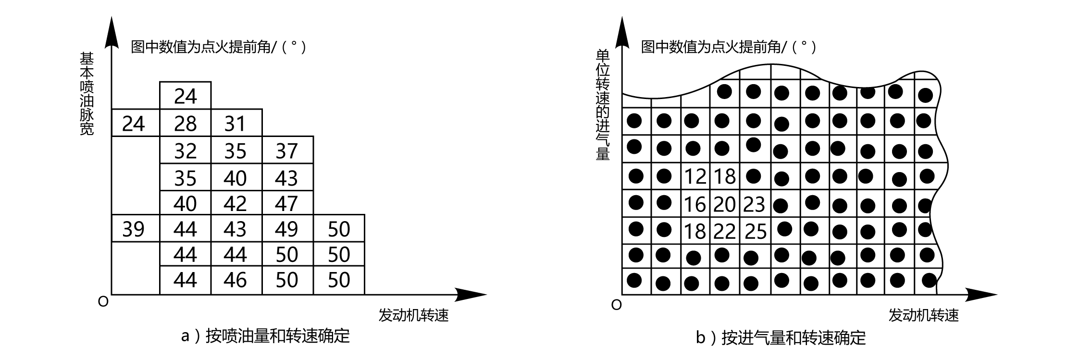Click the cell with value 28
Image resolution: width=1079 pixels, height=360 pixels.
185,124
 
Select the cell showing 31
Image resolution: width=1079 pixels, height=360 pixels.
236,124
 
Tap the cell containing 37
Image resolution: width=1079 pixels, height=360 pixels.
287,151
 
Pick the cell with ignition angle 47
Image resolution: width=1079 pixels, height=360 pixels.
287,203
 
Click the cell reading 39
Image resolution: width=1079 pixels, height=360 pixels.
134,229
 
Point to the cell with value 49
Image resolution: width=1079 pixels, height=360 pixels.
287,229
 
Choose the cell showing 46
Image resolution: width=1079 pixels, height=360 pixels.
236,280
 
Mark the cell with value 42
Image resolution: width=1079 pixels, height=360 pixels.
236,203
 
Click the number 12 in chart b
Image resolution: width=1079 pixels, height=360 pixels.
695,177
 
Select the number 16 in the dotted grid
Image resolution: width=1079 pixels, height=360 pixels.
695,204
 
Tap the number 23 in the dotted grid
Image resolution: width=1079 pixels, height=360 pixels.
754,204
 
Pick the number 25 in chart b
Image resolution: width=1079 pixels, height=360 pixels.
755,232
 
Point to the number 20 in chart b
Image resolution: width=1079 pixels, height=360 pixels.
724,204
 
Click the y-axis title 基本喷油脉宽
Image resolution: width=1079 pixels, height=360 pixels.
87,94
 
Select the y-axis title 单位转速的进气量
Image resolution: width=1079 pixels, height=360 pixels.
603,104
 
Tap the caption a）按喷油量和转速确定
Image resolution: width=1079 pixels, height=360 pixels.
265,335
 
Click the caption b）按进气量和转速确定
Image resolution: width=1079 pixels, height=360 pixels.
781,337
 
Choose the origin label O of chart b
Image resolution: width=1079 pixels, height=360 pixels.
616,305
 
